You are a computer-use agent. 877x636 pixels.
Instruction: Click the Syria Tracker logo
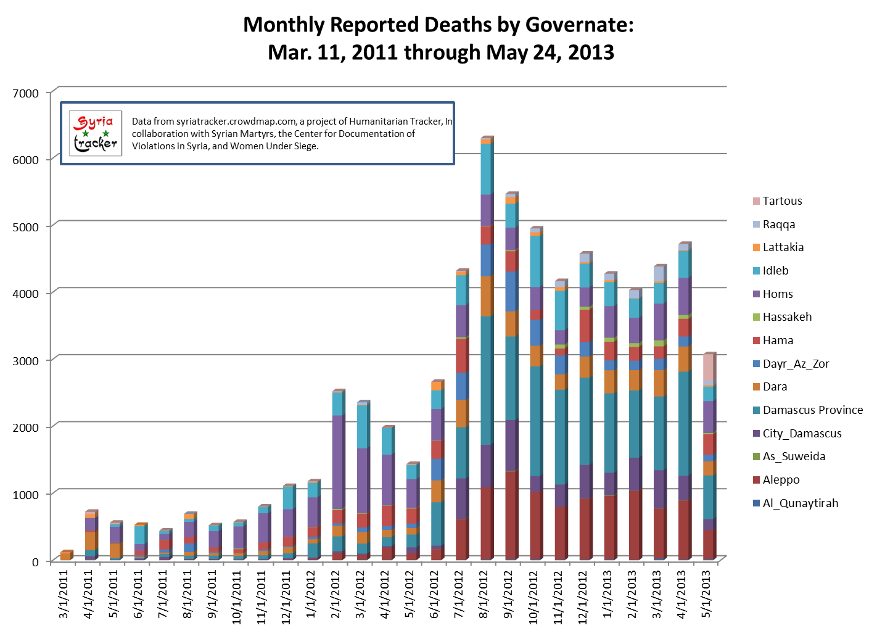click(95, 133)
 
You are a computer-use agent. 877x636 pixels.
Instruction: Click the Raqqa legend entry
click(778, 224)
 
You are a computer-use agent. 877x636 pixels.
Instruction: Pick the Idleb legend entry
click(775, 270)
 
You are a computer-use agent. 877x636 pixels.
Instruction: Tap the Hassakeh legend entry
click(787, 317)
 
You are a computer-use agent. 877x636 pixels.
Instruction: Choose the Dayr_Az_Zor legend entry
click(796, 363)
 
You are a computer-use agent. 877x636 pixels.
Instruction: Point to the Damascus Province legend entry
click(812, 410)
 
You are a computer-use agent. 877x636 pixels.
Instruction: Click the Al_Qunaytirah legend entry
click(800, 503)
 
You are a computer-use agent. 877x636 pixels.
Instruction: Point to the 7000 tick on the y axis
click(25, 93)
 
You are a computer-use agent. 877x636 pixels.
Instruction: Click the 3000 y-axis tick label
click(25, 361)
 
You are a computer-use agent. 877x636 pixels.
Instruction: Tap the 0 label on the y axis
click(35, 562)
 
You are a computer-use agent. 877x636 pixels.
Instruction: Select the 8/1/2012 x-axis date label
click(484, 593)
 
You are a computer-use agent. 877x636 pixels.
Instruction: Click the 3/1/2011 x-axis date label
click(64, 593)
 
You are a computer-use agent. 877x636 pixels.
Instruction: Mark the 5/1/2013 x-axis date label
click(706, 593)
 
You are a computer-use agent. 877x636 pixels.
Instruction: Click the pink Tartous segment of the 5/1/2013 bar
click(708, 368)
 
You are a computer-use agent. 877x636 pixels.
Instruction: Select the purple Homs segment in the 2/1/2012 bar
click(337, 461)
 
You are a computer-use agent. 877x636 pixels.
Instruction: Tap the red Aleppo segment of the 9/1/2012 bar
click(510, 515)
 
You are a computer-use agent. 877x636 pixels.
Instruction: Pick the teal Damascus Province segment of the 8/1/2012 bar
click(485, 380)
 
